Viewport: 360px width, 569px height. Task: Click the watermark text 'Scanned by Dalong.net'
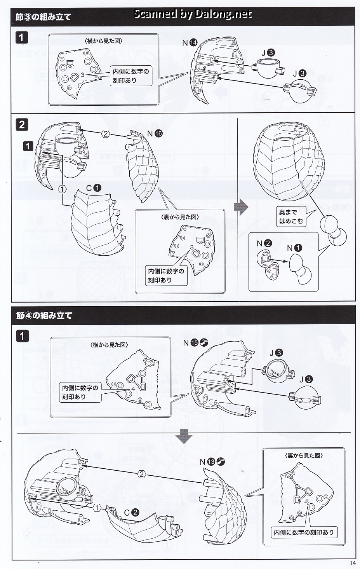click(193, 14)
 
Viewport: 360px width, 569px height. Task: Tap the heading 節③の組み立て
click(43, 17)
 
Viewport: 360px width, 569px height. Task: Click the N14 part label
click(190, 43)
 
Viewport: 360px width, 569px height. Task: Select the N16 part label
click(155, 134)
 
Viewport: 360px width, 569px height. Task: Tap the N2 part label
click(264, 243)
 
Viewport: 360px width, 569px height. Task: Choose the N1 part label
click(294, 248)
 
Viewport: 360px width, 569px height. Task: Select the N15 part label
click(195, 343)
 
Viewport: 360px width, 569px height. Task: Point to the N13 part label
click(212, 462)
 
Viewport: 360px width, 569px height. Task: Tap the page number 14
click(353, 563)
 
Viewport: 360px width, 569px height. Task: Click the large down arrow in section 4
click(184, 436)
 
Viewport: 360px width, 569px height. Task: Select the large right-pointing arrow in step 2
click(241, 207)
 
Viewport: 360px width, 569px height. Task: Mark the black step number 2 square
click(22, 125)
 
